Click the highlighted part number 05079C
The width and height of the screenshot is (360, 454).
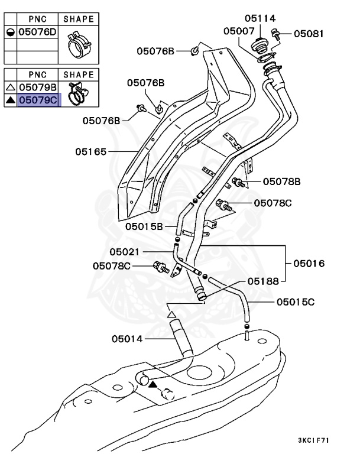38,100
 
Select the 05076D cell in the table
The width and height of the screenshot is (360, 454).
37,32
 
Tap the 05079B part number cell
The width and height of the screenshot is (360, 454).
38,87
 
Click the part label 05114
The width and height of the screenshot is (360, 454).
260,18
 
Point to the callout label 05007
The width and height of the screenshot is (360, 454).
239,31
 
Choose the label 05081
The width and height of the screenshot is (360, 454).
309,34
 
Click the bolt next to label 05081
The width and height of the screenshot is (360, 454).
275,34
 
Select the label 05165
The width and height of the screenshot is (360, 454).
90,151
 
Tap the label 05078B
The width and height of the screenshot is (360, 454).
281,181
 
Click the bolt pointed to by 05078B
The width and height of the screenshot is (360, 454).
238,183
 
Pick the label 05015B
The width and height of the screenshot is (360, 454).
144,226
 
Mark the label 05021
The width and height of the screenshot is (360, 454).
125,252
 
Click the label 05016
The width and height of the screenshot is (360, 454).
309,264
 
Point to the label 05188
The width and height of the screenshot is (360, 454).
263,281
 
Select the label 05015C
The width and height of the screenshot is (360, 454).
296,302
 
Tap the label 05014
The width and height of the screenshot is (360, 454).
127,339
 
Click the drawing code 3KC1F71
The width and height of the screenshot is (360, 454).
314,440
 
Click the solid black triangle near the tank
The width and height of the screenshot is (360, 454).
153,384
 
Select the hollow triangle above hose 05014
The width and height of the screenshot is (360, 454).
172,314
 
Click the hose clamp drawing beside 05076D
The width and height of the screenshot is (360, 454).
78,45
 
